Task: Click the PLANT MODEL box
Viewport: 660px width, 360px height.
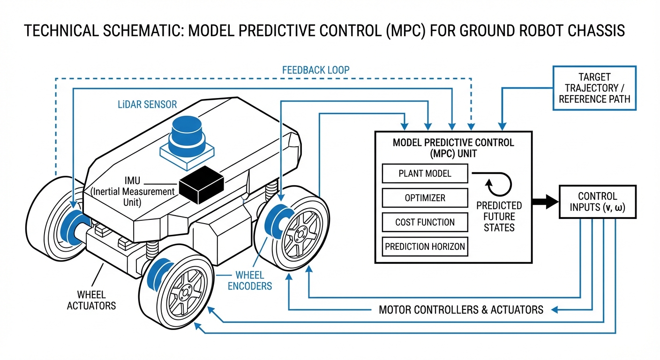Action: tap(425, 173)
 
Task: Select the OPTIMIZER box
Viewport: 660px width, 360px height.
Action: tap(425, 198)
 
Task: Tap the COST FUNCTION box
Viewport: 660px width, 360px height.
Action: tap(425, 222)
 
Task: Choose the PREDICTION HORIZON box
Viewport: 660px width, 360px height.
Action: tap(425, 247)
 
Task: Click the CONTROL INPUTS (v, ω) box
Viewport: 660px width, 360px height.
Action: tap(597, 202)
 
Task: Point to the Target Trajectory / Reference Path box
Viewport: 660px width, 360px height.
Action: tap(594, 88)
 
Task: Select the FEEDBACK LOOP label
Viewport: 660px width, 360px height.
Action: tap(315, 70)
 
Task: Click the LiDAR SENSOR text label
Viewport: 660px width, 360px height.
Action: tap(147, 104)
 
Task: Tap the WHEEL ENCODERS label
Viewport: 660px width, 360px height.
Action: tap(249, 280)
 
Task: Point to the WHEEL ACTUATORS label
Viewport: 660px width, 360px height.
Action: tap(91, 300)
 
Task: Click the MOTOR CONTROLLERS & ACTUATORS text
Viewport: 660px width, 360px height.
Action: tap(461, 310)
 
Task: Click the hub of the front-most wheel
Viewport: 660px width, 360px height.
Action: tap(185, 292)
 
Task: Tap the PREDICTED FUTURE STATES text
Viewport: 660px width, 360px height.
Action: tap(499, 217)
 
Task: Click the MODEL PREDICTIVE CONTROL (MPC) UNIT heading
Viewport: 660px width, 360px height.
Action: tap(453, 147)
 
